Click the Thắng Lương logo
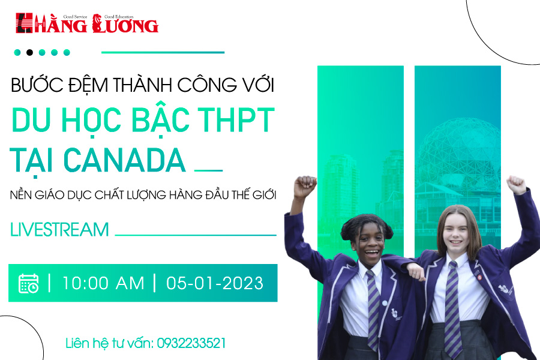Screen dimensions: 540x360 pyautogui.click(x=87, y=23)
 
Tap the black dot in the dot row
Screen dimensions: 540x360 pyautogui.click(x=29, y=52)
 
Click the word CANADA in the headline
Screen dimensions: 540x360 pyautogui.click(x=125, y=160)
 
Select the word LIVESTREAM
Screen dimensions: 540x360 pyautogui.click(x=59, y=230)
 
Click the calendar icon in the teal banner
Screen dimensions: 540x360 pyautogui.click(x=28, y=284)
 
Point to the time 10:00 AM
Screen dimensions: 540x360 pyautogui.click(x=103, y=284)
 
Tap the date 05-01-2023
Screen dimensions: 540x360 pyautogui.click(x=215, y=284)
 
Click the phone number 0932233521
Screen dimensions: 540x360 pyautogui.click(x=191, y=343)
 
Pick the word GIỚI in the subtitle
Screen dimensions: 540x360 pyautogui.click(x=264, y=194)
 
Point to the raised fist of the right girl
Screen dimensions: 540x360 pyautogui.click(x=516, y=185)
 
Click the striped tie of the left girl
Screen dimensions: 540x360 pyautogui.click(x=373, y=310)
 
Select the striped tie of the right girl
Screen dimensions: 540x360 pyautogui.click(x=452, y=308)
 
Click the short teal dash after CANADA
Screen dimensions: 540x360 pyautogui.click(x=209, y=170)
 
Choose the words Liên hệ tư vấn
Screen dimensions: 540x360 pyautogui.click(x=110, y=343)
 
